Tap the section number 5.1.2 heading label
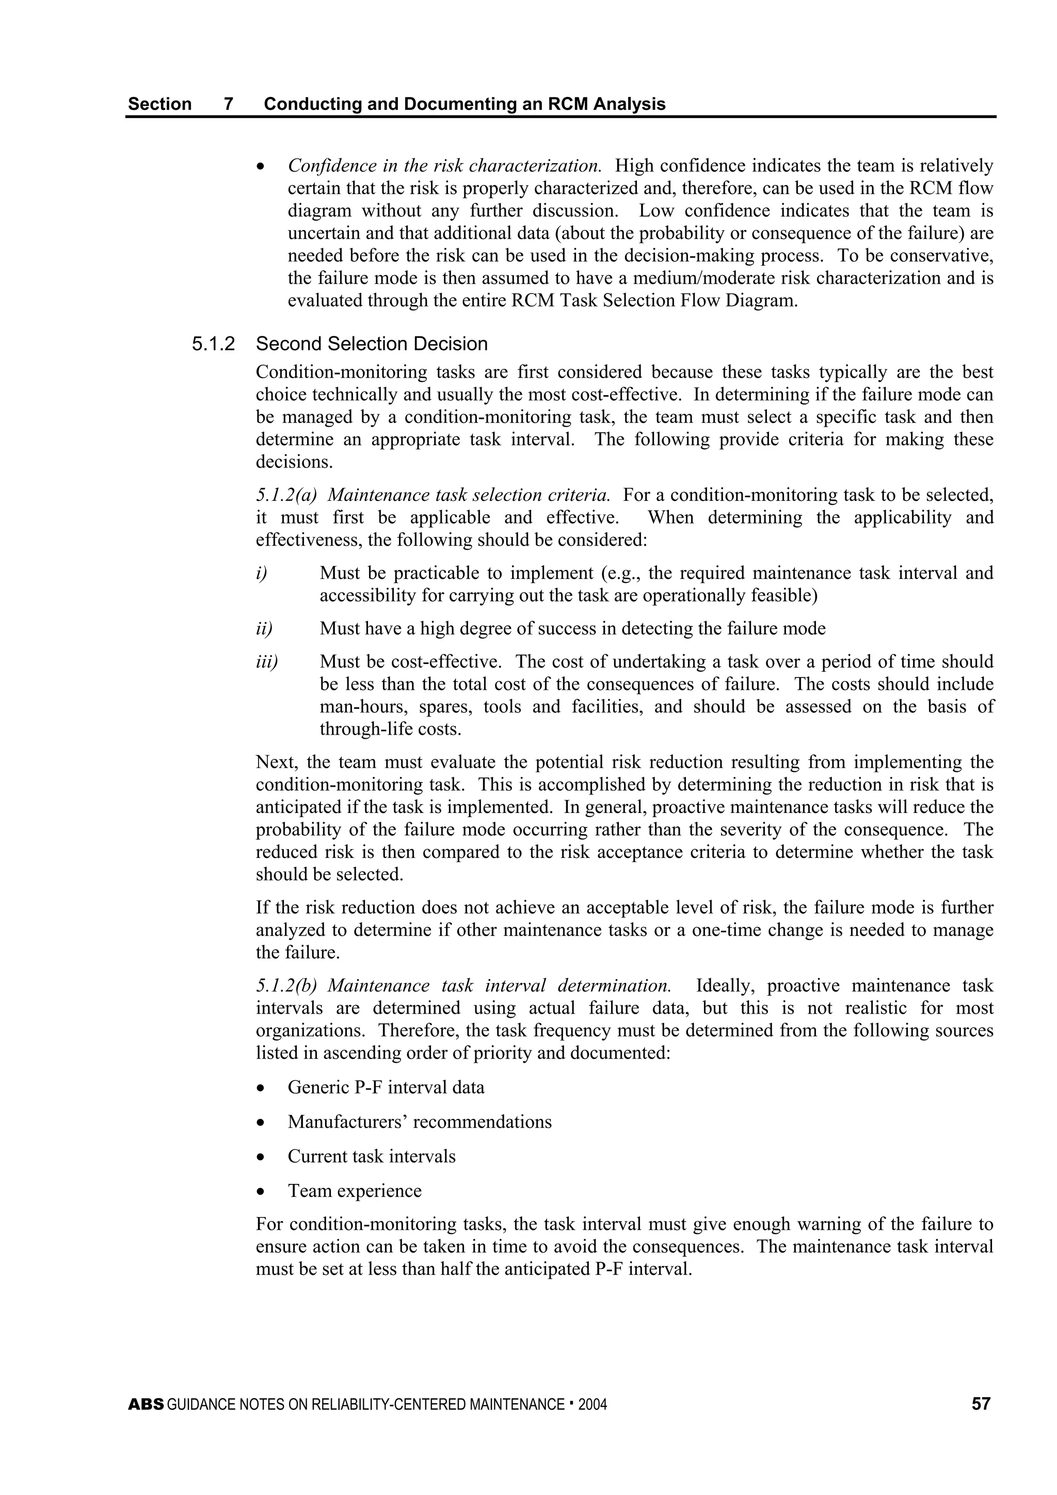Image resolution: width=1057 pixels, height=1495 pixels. [x=213, y=344]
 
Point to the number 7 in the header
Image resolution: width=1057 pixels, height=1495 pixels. [x=229, y=104]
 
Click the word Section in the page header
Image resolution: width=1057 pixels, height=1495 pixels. [x=159, y=104]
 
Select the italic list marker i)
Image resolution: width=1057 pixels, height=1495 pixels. [x=261, y=573]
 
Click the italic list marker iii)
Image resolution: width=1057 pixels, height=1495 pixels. [x=266, y=661]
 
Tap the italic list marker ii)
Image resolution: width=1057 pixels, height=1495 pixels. [x=264, y=628]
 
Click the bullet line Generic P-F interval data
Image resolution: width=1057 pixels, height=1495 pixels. [x=386, y=1087]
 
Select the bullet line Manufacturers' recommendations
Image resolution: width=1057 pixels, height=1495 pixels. [x=420, y=1122]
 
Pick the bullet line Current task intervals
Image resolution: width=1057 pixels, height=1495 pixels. [x=371, y=1157]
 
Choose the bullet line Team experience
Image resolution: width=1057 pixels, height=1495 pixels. [x=354, y=1191]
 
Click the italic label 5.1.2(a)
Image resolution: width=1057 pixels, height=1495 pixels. [x=286, y=495]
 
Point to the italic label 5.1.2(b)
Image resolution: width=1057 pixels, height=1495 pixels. [x=286, y=986]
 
